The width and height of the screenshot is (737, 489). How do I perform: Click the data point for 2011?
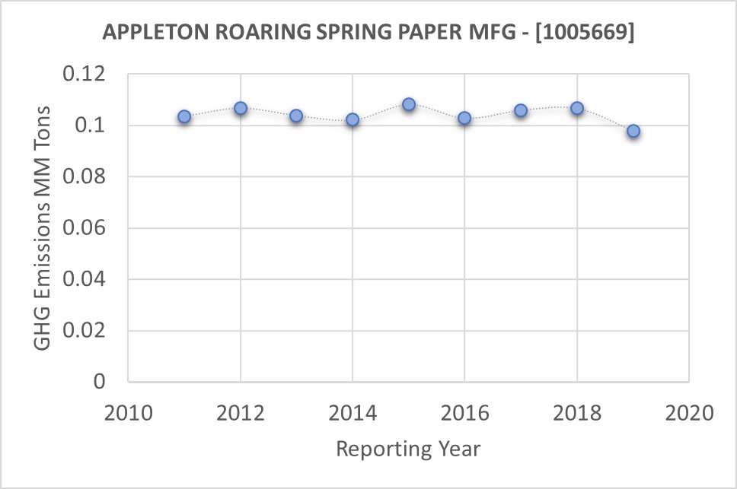click(184, 116)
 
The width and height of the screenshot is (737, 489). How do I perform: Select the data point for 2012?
click(241, 108)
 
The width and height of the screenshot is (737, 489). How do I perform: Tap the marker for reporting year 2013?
click(296, 116)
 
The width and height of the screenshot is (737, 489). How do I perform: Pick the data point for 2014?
click(353, 119)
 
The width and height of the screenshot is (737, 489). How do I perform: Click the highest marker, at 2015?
click(409, 104)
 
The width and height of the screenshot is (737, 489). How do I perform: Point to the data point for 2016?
click(464, 118)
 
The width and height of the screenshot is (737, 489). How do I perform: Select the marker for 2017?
click(521, 110)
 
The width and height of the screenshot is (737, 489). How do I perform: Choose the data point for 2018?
click(577, 108)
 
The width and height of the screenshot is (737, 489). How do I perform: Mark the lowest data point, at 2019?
click(633, 131)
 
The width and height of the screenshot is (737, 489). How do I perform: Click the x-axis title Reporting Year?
click(408, 449)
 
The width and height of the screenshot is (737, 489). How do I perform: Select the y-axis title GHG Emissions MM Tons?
click(43, 228)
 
